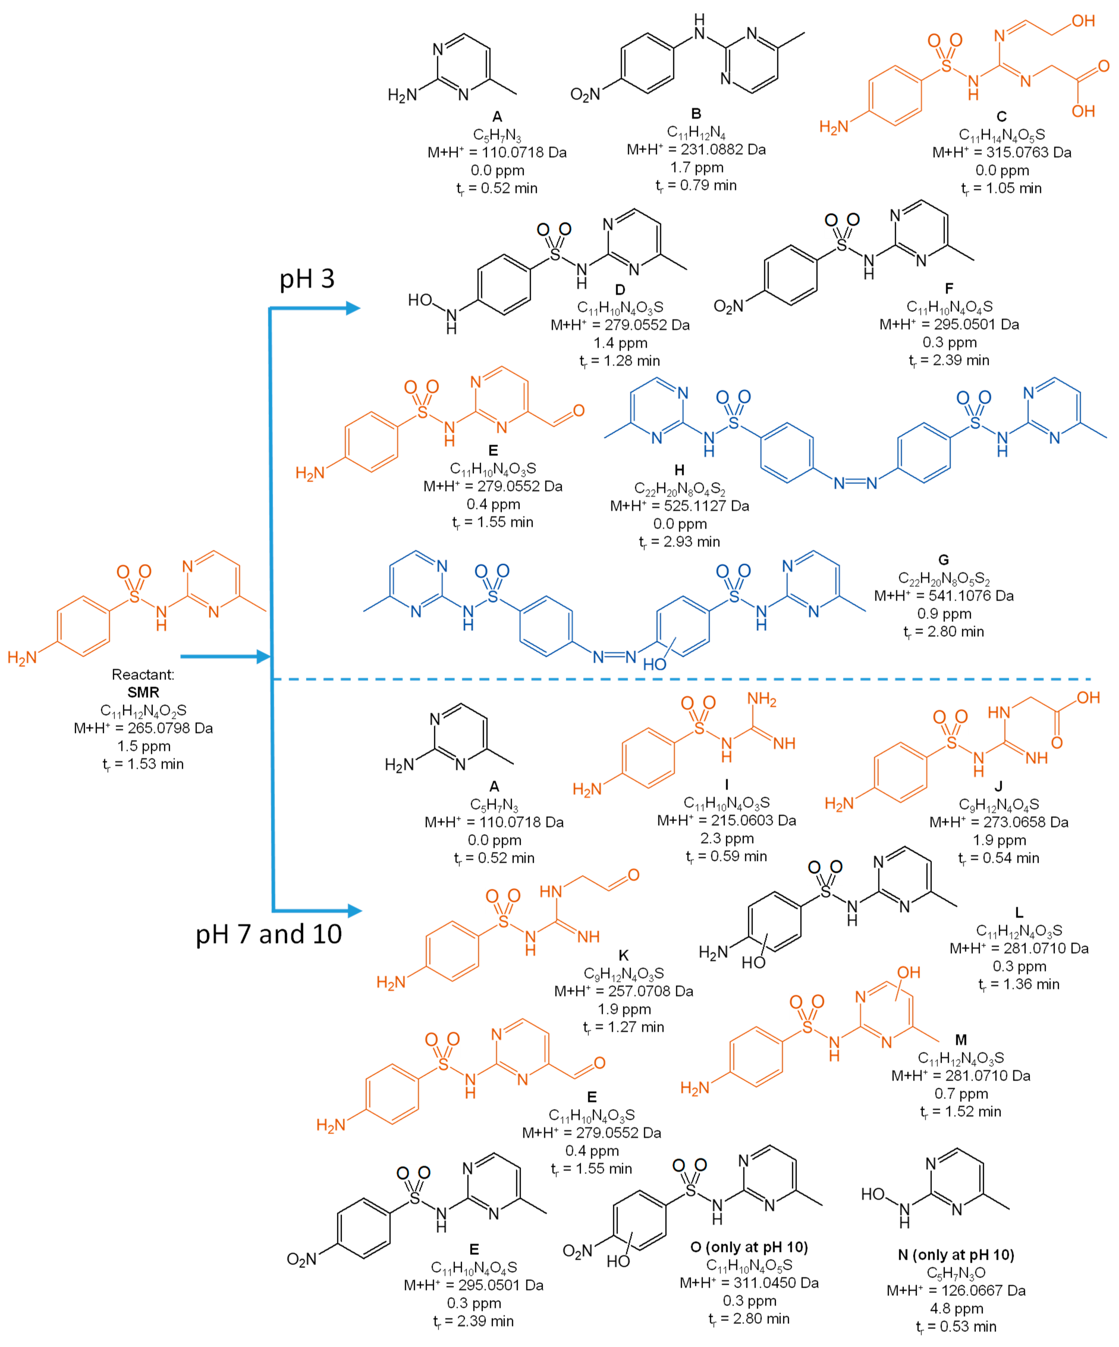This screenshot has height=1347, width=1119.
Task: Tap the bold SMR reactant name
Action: point(143,692)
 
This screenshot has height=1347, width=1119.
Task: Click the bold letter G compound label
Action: point(943,560)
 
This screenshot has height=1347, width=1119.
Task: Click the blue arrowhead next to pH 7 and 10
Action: point(354,911)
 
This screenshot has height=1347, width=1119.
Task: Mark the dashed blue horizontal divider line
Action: point(680,679)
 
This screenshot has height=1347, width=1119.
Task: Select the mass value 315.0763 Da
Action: point(1001,153)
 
